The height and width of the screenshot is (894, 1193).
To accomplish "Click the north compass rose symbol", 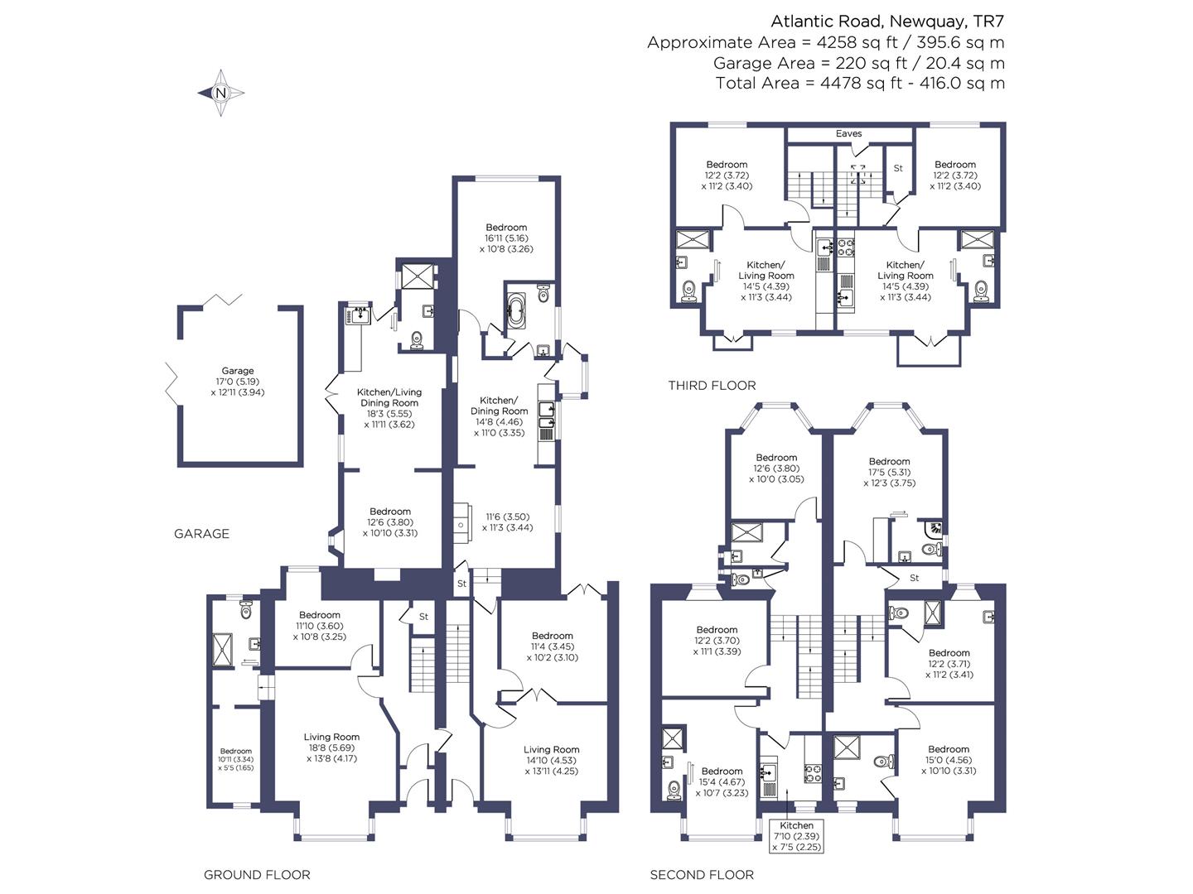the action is pos(220,93).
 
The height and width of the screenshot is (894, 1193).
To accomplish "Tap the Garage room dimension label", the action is pos(238,382).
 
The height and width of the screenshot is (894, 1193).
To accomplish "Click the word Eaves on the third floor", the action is pos(848,133).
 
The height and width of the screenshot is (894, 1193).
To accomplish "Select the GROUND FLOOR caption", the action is pos(257,875).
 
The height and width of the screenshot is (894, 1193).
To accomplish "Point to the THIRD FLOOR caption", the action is pos(712,386).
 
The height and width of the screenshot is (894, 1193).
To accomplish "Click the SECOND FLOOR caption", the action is pos(702,875).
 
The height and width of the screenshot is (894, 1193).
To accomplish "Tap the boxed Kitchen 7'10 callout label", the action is pos(797,836).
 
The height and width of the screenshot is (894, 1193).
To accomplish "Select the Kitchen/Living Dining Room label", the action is pos(389,408).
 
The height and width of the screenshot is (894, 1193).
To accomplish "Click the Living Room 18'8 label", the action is pos(331,747).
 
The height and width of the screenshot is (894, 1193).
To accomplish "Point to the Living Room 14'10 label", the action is pos(551,760).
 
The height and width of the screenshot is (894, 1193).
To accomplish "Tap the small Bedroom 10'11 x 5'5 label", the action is pos(236,759).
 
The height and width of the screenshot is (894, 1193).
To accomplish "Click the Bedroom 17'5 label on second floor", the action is pos(889,472).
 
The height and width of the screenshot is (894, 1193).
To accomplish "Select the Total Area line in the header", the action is pos(860,83).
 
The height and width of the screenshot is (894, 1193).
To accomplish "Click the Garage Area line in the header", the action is pos(859,63).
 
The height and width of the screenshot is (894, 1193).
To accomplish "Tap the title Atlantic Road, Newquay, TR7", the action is pos(887,22).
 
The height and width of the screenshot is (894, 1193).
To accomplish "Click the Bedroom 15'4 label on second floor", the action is pos(722,781).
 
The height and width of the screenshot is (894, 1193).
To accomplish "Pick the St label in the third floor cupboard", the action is pos(898,168).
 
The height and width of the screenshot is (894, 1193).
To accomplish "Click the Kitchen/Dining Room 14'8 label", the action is pos(499,416).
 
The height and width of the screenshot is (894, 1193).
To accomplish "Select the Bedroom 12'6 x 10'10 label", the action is pos(389,522).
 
